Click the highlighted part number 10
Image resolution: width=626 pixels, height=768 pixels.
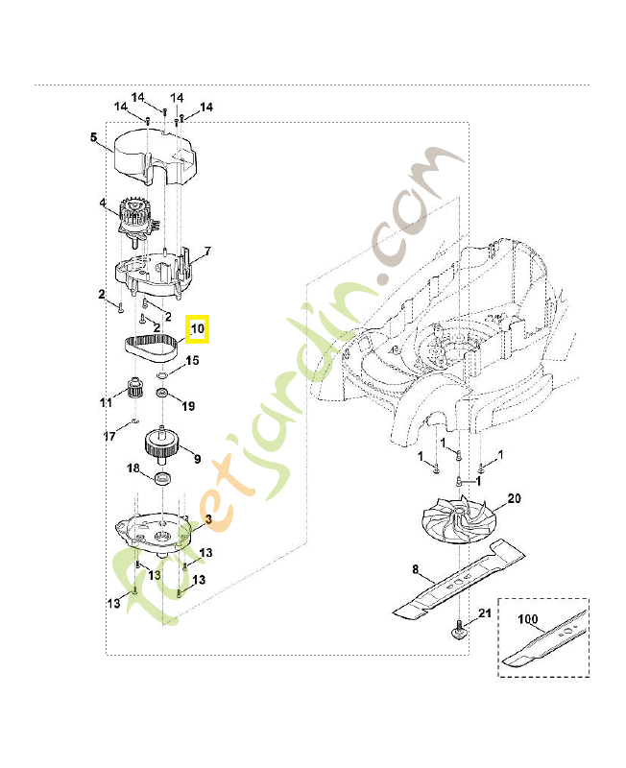coord(198,328)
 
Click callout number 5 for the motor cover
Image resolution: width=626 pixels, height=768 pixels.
coord(93,137)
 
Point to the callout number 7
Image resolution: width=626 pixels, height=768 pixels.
coord(207,252)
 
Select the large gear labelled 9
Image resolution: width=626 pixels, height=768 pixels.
coord(160,444)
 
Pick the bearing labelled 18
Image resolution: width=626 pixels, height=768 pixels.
coord(162,478)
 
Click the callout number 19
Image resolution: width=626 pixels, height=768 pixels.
coord(188,406)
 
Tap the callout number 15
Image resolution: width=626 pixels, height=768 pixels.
coord(192,361)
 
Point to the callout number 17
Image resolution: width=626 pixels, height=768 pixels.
coord(109,436)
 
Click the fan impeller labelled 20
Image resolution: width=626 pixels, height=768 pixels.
coord(458,519)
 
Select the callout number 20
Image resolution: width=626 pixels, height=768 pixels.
coord(515,498)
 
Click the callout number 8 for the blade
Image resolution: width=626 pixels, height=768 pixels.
coord(416,569)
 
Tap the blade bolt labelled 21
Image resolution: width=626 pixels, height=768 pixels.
coord(460,628)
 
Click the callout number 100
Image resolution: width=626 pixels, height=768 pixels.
coord(527,619)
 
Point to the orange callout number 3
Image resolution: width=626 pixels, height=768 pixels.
coord(208,519)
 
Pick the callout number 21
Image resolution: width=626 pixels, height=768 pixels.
coord(485,612)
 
